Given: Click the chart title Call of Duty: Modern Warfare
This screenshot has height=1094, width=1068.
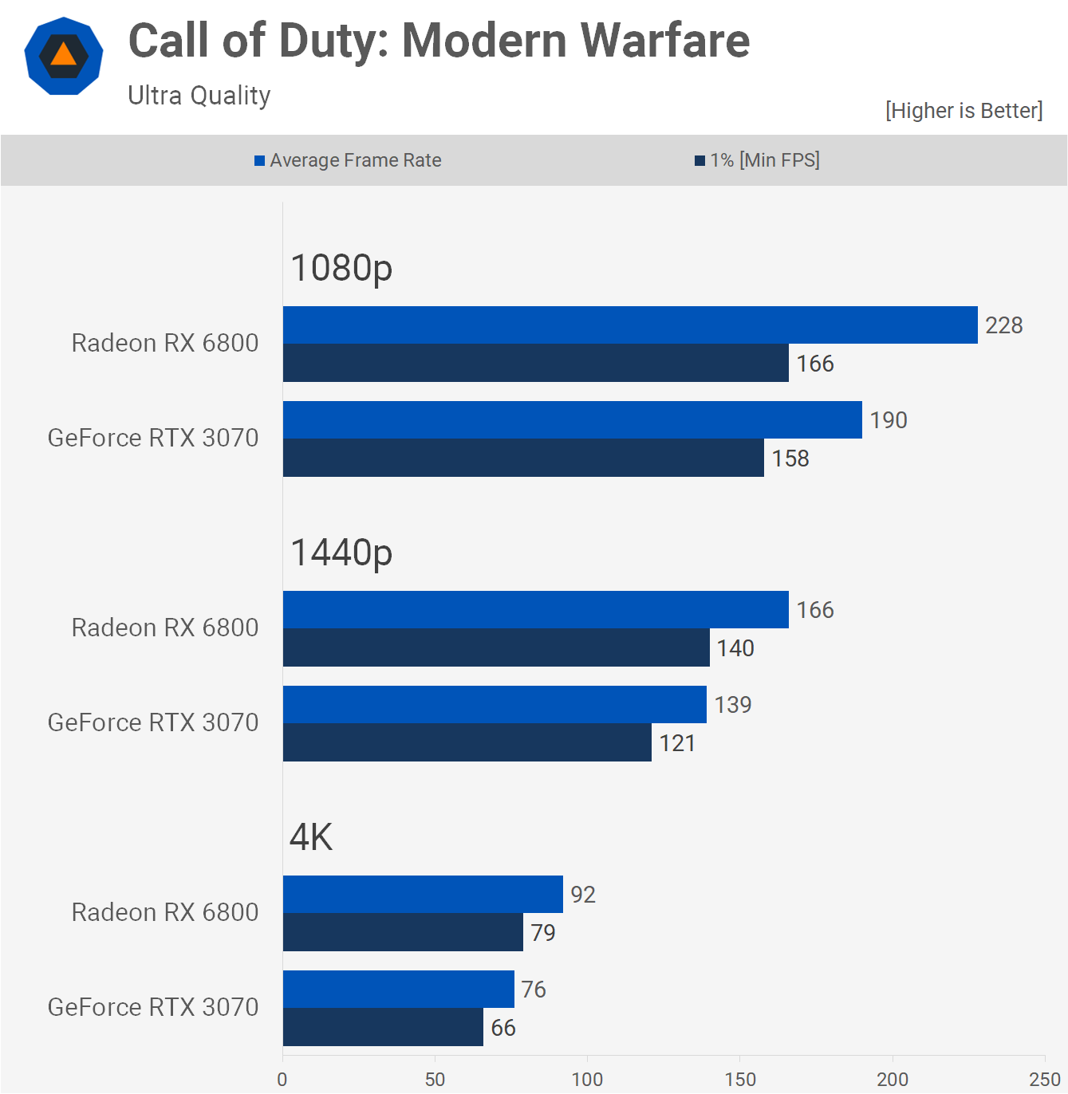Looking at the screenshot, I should (439, 41).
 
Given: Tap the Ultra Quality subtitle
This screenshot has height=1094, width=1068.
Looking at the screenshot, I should (199, 96).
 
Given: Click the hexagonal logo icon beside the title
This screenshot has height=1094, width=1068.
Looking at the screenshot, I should (64, 56).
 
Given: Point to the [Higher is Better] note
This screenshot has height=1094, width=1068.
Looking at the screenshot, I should (964, 110).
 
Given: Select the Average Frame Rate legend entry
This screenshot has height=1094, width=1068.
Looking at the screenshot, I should (348, 160).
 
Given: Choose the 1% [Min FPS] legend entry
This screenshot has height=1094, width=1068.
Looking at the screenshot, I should (757, 160).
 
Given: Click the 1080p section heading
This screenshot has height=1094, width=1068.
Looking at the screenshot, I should (341, 268).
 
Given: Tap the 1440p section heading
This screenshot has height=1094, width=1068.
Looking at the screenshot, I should (341, 553).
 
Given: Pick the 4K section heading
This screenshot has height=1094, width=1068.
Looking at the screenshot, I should (311, 837).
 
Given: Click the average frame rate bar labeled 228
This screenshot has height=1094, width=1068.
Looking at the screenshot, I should (630, 325).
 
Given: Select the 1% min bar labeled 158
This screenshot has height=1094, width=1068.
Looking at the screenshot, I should (523, 458).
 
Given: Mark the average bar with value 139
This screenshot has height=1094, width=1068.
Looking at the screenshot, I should (495, 705).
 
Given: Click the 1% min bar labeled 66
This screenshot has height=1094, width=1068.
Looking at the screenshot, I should (383, 1027).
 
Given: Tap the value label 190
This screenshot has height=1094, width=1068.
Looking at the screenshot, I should (889, 420).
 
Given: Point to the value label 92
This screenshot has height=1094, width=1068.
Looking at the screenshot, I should (583, 895).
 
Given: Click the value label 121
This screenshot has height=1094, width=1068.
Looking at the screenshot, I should (677, 743).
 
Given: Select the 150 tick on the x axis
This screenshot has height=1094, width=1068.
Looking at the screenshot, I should (740, 1079).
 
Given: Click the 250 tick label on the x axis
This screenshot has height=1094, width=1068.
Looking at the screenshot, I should (1045, 1079).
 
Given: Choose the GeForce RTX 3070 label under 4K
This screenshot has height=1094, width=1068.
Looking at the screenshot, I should (153, 1007).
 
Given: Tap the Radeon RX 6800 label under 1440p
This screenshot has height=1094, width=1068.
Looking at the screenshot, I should (165, 628).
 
